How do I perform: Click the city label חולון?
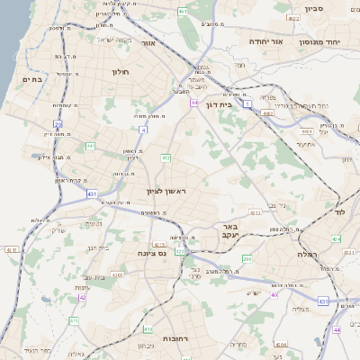[x=121, y=71]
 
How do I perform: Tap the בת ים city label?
[x=31, y=79]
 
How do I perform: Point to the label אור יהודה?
[x=265, y=41]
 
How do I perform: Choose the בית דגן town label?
[x=238, y=104]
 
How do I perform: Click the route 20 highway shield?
[x=58, y=124]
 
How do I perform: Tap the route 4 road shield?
[x=143, y=129]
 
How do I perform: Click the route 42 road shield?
[x=82, y=296]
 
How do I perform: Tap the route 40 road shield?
[x=274, y=293]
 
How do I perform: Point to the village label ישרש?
[x=255, y=292]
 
